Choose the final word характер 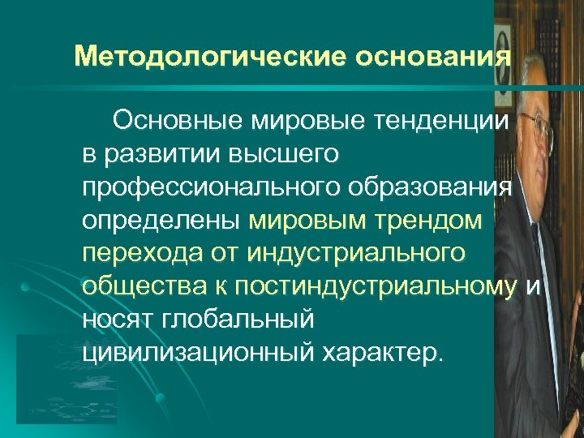[389, 353]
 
